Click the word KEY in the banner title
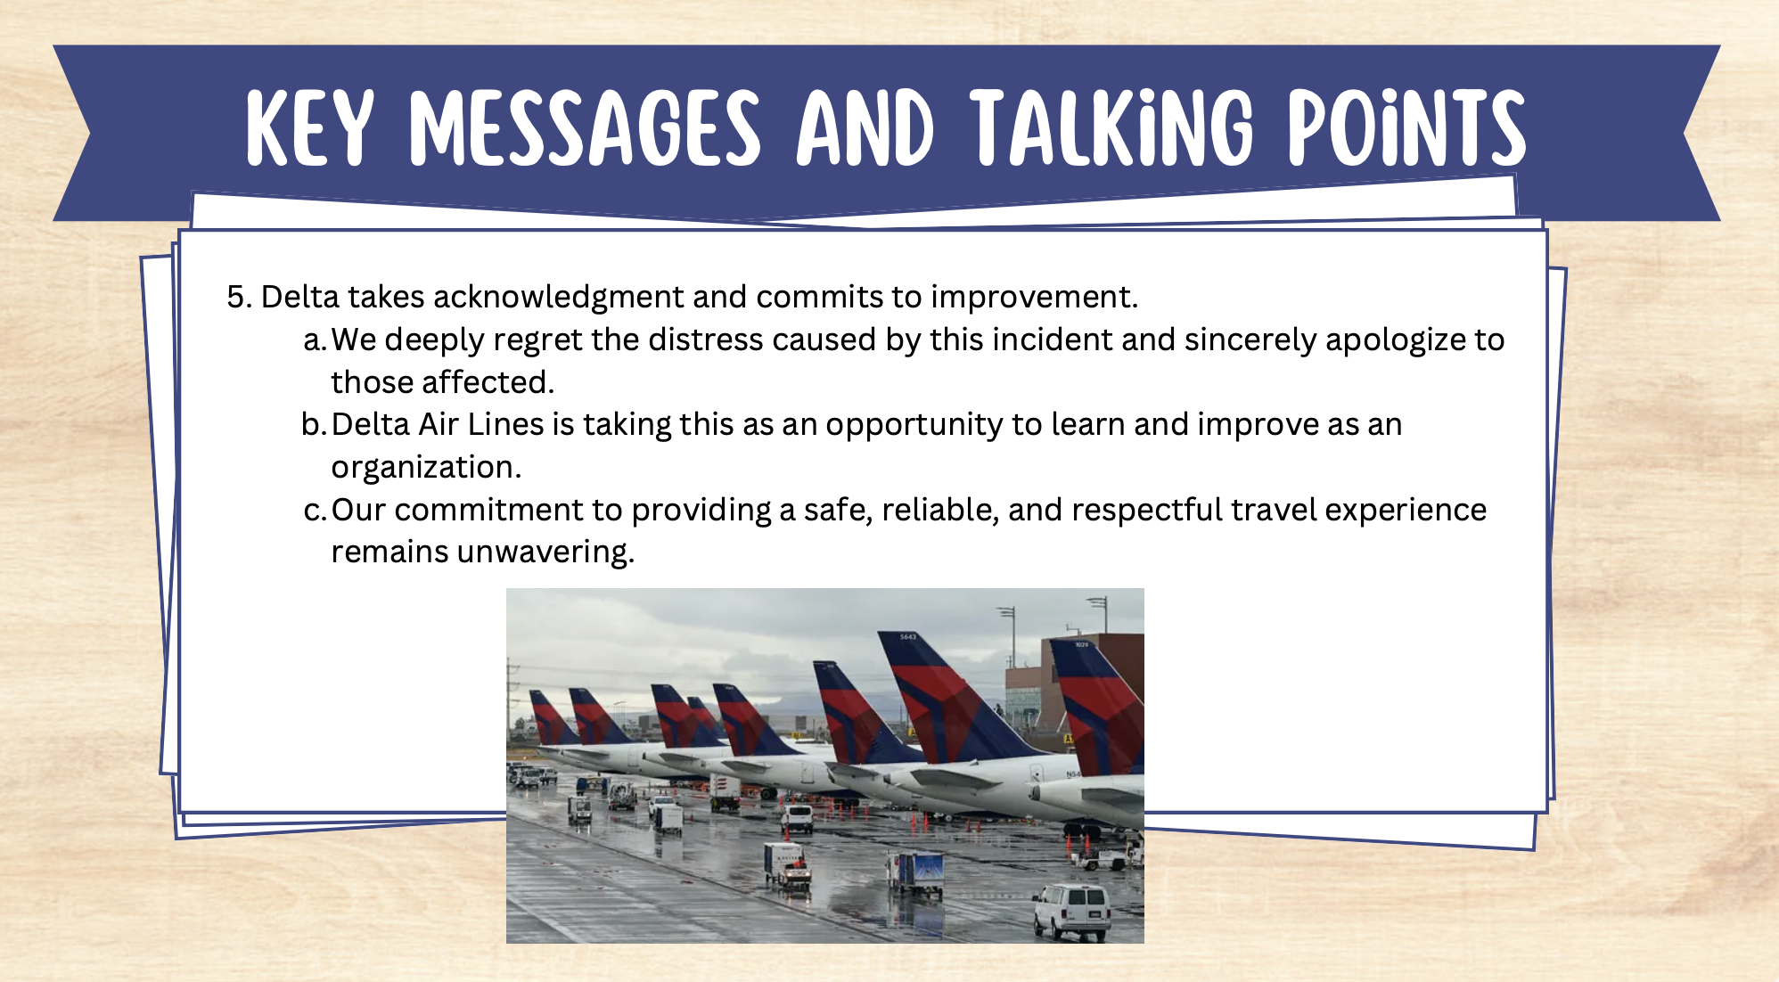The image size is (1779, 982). [x=309, y=127]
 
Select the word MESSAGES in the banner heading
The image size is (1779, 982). [x=585, y=127]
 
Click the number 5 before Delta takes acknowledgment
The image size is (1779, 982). [x=235, y=297]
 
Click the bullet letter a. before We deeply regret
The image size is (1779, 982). [x=315, y=340]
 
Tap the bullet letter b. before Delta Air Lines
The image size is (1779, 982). [x=315, y=424]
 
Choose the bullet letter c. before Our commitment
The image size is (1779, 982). [x=315, y=510]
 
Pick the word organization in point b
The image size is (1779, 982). [x=426, y=468]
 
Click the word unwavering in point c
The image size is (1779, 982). [x=545, y=552]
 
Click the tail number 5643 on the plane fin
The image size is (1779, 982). [x=907, y=636]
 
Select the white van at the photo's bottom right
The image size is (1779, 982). [x=1072, y=911]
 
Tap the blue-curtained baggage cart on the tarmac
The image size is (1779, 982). [x=916, y=871]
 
